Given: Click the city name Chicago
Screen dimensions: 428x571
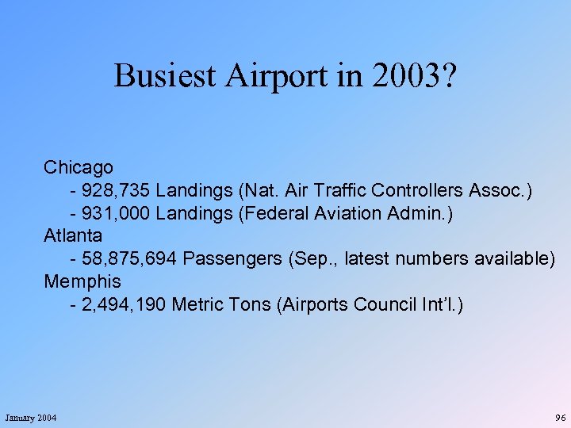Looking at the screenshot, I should pos(79,167).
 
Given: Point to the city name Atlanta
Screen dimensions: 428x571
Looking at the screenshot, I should pos(73,235).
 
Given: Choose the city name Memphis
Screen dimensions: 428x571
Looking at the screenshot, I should pos(82,281).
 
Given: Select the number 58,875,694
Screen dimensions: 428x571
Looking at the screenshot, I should pos(132,258).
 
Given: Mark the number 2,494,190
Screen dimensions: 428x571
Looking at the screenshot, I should pos(124,304).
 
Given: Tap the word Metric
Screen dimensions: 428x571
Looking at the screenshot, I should pos(197,304).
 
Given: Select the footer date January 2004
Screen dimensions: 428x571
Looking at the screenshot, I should pos(31,418).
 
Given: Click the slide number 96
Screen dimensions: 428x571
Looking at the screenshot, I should pos(561,418).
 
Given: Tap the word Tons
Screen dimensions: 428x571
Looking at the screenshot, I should pos(248,304).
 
